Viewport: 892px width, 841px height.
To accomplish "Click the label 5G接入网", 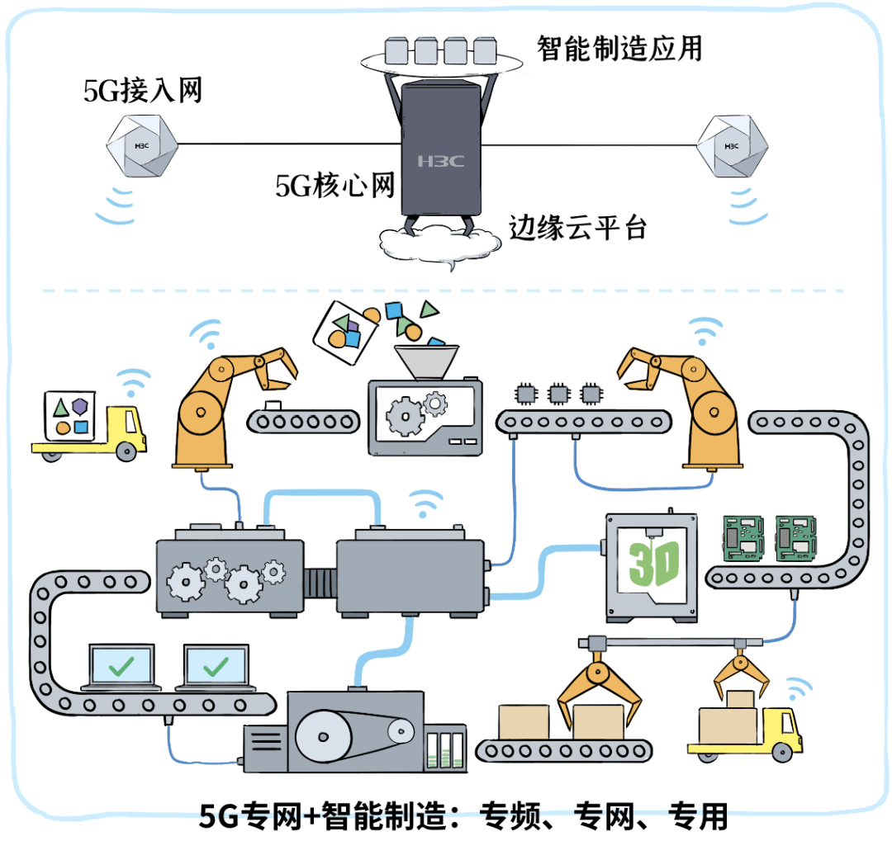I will (143, 90).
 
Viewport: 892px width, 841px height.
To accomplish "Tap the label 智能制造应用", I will (619, 47).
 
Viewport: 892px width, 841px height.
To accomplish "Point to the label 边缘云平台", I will (577, 227).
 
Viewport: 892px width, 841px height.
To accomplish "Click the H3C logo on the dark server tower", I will (440, 160).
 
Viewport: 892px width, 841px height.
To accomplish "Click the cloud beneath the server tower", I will (439, 243).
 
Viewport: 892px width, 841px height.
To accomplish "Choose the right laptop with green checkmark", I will (216, 667).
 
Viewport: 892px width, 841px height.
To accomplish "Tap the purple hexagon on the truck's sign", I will (79, 405).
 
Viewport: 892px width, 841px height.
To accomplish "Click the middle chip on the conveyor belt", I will (558, 393).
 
